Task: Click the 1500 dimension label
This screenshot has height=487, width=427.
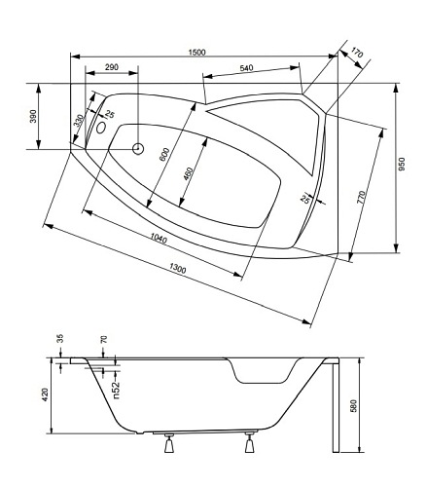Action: point(197,52)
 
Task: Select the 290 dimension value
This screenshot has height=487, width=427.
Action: point(112,67)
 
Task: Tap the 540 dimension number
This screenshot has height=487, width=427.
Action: point(246,68)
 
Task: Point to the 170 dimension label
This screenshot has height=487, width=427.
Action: point(356,53)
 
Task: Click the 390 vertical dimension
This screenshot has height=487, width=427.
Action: point(33,116)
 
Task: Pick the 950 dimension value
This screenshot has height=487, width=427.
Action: point(402,165)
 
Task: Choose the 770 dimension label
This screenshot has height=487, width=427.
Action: point(361,198)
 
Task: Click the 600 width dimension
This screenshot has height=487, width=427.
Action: point(164,154)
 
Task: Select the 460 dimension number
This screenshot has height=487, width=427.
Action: point(188,174)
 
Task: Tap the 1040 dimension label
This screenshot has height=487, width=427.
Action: point(159,239)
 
